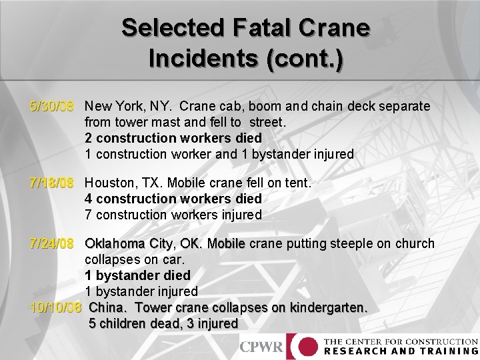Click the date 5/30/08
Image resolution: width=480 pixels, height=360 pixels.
coord(51,107)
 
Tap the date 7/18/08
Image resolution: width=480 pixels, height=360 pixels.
coord(51,183)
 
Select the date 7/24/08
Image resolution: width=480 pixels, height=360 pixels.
coord(51,244)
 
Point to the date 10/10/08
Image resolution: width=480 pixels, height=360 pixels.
coord(56,308)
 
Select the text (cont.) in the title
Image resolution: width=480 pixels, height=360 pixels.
coord(305,59)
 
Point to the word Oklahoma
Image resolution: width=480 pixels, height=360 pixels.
coord(114,244)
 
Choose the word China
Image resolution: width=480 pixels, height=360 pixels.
coord(107,308)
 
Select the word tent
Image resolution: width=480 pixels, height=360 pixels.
coord(298,183)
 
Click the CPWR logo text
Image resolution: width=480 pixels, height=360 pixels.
coord(261,347)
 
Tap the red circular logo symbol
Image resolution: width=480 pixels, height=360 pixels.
coord(307,347)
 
